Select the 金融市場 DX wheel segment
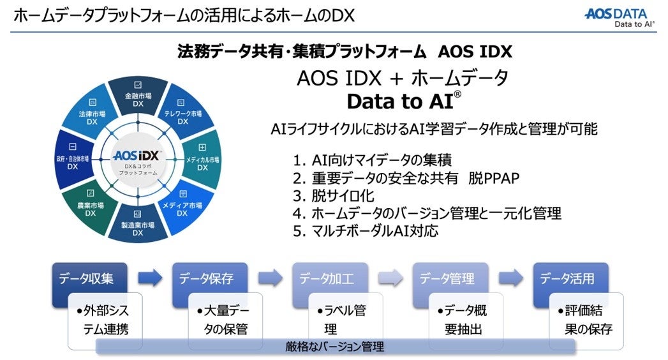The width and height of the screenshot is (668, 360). point(138,97)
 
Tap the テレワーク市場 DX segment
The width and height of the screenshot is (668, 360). point(182,116)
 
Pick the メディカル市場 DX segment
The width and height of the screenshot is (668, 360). point(202,161)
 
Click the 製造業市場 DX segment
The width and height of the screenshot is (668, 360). point(138,226)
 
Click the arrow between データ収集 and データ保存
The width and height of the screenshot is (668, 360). point(151,278)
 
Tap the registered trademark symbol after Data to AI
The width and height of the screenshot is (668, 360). point(457,95)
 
